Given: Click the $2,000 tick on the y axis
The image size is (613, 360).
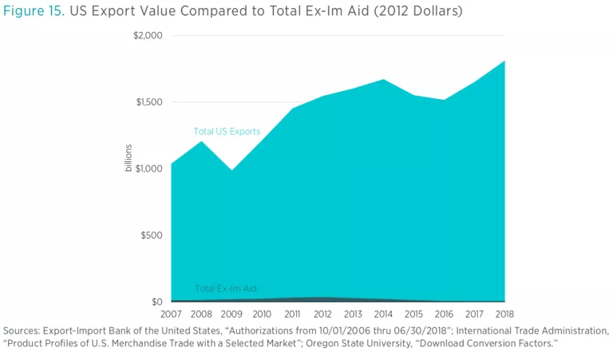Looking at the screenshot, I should tap(148, 35).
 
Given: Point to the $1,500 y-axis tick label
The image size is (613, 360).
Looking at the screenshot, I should tap(148, 102).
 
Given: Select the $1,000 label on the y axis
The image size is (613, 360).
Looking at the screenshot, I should tap(148, 168).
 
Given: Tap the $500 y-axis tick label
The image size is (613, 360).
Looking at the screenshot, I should tap(152, 235).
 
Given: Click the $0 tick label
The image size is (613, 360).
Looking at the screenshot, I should tap(157, 302).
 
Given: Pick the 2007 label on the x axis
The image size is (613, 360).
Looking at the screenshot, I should tap(172, 314).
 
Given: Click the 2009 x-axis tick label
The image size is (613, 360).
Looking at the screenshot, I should tap(232, 314).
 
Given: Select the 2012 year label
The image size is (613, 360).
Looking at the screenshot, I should tap(322, 314).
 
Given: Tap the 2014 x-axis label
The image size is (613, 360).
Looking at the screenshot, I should tap(384, 314).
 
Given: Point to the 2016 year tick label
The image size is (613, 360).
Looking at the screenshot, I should tap(445, 314).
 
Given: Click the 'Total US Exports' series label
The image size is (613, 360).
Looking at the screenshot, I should tap(227, 132).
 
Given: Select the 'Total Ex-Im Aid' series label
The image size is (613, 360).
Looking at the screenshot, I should tap(226, 289).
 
